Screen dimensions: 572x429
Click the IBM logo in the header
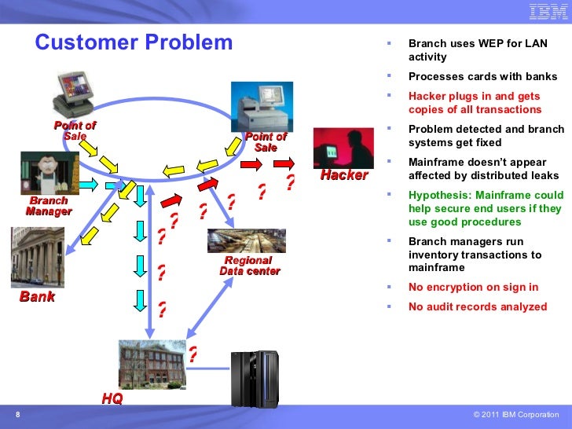548,12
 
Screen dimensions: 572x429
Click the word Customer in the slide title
87,42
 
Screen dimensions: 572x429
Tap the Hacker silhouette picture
343,148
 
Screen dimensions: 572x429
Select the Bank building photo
38,257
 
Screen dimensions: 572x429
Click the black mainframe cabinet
255,379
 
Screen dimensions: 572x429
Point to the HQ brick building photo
152,365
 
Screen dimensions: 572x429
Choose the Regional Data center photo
247,240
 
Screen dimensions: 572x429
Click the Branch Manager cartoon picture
50,173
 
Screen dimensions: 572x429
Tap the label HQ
112,398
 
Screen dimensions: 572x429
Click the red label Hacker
344,175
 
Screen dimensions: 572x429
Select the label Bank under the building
37,296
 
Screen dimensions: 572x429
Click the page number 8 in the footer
18,414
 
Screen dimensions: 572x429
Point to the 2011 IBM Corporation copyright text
515,414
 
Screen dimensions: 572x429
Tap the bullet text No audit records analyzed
478,306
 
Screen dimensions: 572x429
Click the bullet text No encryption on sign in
474,287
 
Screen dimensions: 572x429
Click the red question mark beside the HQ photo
193,354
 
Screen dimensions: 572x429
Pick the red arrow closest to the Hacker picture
284,163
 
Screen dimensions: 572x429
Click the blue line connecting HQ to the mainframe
208,368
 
